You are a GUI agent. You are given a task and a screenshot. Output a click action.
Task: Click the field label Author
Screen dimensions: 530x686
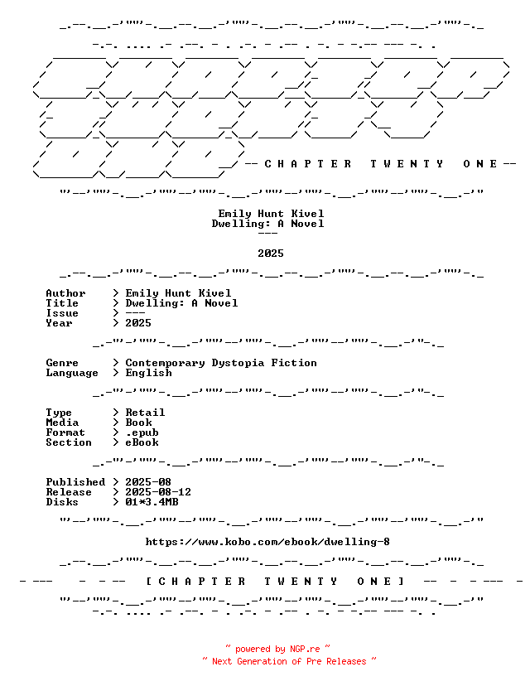tap(65, 293)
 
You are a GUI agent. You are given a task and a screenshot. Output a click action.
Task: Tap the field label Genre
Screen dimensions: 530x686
tap(62, 363)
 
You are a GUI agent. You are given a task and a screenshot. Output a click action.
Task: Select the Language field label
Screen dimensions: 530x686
tap(72, 373)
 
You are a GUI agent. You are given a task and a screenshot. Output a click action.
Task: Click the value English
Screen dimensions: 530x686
tap(149, 373)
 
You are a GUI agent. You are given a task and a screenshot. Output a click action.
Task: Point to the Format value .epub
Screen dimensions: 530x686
tap(142, 432)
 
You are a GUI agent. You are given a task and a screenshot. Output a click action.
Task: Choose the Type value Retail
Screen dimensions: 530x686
tap(145, 413)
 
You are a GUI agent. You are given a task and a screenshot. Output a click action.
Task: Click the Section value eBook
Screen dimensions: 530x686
tap(142, 442)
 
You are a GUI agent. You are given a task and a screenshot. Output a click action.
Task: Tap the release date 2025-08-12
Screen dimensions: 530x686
tap(158, 492)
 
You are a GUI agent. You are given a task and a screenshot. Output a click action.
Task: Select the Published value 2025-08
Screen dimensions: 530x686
tap(148, 482)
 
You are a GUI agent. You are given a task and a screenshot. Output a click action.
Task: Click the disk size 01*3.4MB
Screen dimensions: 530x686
tap(152, 502)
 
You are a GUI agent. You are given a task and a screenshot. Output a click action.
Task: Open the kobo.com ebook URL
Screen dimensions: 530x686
tap(267, 542)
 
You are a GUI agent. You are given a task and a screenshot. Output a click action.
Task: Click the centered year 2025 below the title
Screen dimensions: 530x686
tap(271, 254)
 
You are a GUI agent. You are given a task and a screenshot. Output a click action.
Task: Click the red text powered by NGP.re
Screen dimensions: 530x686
tap(277, 649)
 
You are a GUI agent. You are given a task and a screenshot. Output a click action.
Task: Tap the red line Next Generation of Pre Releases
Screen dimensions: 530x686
tap(289, 661)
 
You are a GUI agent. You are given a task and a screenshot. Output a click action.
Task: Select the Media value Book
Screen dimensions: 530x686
tap(138, 423)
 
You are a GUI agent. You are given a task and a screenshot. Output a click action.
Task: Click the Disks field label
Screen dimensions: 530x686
tap(62, 502)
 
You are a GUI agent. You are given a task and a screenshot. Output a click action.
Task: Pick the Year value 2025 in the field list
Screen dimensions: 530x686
tap(138, 323)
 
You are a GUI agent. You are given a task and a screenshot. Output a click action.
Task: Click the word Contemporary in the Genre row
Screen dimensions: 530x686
tap(166, 363)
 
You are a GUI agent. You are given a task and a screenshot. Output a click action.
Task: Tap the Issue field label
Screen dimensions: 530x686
tap(62, 313)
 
